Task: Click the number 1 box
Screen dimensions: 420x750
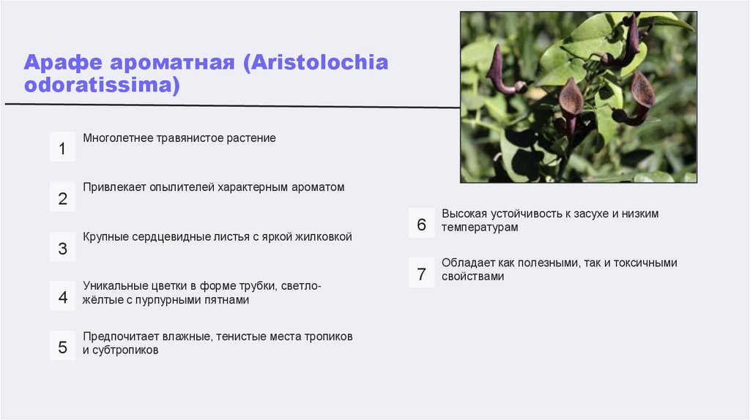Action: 62,149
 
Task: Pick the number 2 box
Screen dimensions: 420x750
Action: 62,198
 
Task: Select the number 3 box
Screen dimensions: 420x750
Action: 62,248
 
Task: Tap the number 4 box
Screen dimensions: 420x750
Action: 62,297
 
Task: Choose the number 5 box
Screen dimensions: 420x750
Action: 62,347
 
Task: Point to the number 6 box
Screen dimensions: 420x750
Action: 421,225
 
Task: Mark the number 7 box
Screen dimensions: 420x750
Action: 421,274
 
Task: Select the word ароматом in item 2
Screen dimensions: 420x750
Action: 319,187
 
